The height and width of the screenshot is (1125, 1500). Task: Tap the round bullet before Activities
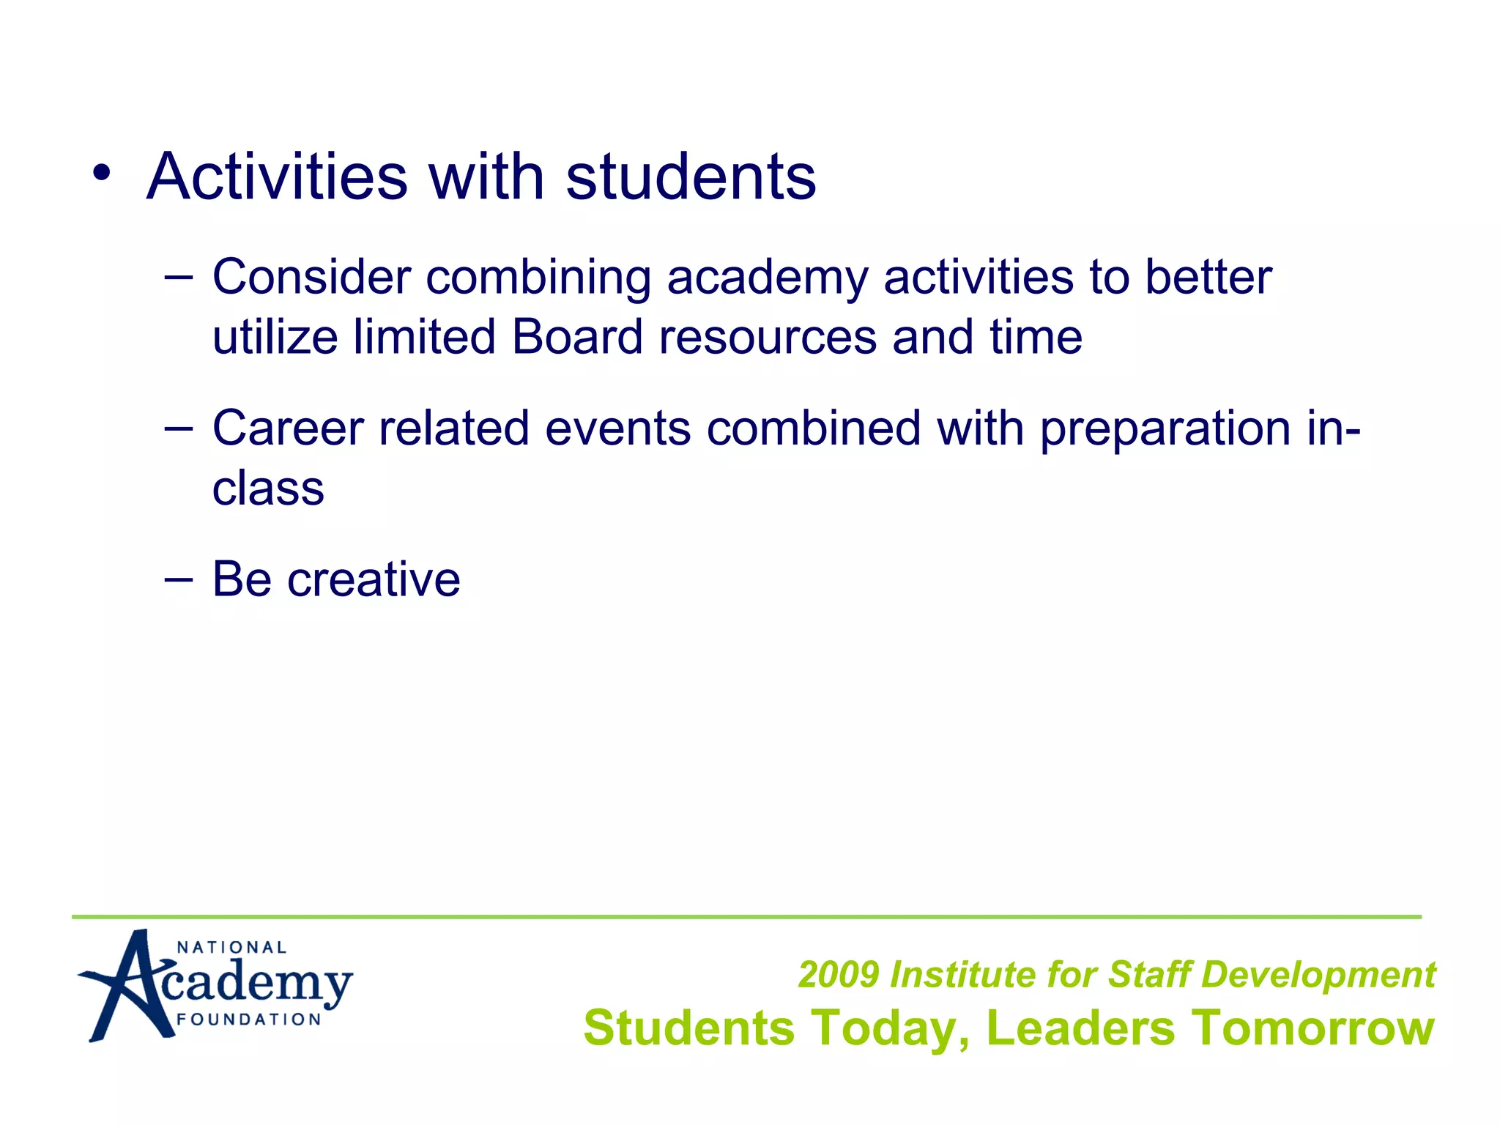point(102,174)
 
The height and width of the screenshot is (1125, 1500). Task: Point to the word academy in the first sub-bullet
point(767,279)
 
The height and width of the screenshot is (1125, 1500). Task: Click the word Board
point(576,337)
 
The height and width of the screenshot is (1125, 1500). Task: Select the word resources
point(767,338)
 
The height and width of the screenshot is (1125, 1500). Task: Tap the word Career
point(288,428)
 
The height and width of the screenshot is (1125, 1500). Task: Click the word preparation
point(1165,429)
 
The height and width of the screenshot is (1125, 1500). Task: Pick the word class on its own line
point(268,489)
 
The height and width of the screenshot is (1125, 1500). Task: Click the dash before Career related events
point(179,428)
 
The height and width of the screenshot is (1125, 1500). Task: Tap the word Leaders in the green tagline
point(1080,1028)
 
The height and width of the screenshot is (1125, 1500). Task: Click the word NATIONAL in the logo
point(231,948)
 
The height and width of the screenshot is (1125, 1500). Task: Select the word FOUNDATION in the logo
point(249,1020)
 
